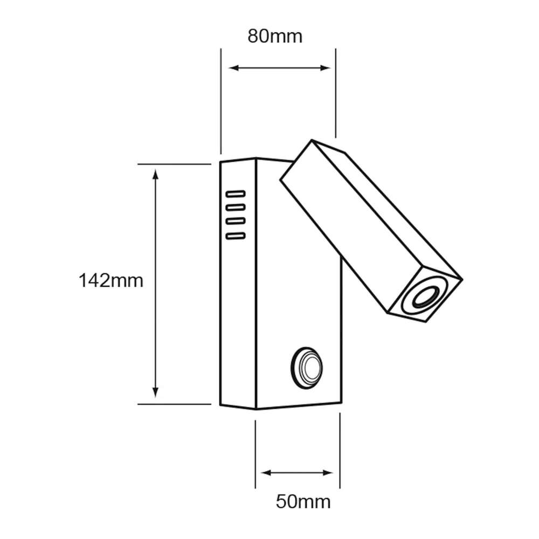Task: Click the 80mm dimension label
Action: coord(275,37)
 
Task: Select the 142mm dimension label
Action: coord(110,281)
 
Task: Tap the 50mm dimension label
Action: coord(303,502)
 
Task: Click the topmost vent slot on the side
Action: coord(236,193)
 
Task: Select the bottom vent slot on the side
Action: coord(236,236)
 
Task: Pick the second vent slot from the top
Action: coord(236,207)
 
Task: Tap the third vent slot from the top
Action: coord(236,221)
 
